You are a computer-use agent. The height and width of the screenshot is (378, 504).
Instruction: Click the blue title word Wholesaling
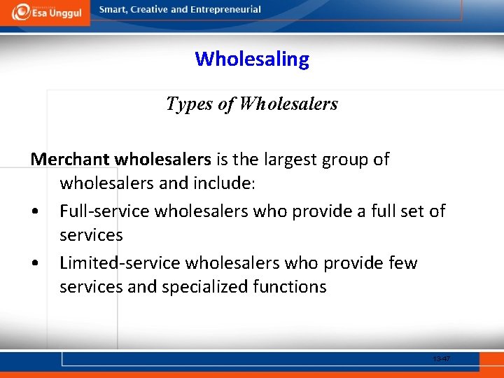click(252, 59)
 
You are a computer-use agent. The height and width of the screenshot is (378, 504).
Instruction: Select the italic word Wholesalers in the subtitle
click(288, 104)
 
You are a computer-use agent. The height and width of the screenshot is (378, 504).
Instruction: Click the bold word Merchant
click(69, 159)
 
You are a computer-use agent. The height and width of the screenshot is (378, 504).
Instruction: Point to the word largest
click(289, 159)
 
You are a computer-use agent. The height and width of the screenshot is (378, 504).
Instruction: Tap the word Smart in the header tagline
click(115, 10)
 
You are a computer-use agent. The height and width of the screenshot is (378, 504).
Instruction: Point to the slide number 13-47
click(442, 359)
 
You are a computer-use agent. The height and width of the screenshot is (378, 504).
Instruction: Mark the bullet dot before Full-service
click(34, 211)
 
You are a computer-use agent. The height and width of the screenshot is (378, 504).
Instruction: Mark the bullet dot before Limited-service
click(34, 264)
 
